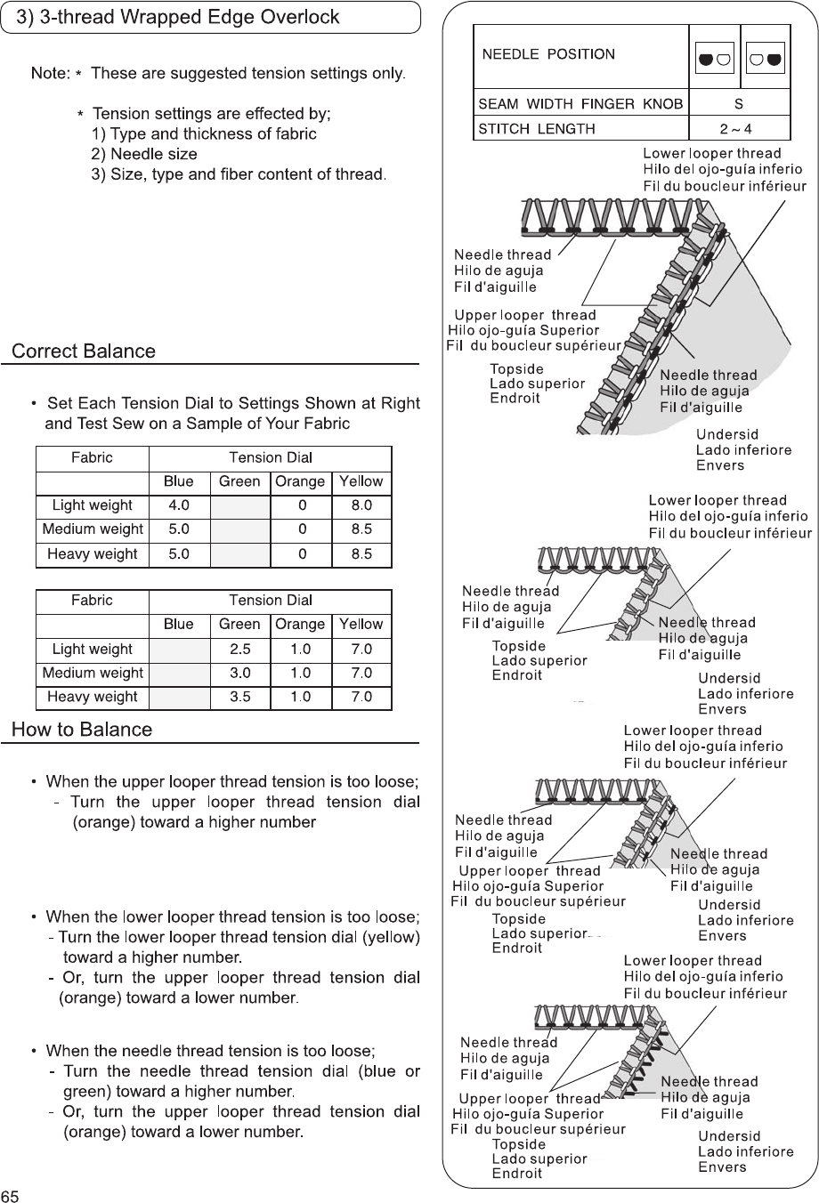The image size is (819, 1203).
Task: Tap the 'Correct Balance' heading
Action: [84, 351]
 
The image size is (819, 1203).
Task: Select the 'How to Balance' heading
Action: [82, 731]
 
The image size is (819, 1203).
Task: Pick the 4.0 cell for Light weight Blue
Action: [179, 505]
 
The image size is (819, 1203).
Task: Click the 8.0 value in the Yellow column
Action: [361, 505]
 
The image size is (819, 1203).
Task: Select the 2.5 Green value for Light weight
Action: [239, 650]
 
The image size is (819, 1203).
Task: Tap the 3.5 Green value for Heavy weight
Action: [239, 697]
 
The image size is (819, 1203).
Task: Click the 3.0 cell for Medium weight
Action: [239, 674]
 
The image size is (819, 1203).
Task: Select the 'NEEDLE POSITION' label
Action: [548, 54]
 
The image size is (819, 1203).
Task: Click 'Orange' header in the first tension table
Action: [300, 481]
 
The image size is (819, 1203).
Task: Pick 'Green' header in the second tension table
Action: [239, 625]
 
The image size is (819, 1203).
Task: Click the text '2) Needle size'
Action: [144, 154]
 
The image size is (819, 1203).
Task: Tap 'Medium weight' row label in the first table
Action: [93, 529]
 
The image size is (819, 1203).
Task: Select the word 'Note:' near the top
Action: [51, 72]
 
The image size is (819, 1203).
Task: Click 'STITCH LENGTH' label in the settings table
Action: [538, 128]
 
